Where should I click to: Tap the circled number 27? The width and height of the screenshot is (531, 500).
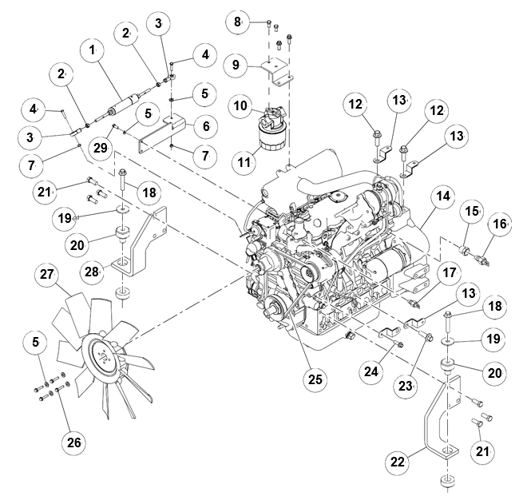click(x=47, y=276)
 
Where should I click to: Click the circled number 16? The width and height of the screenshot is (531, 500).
click(x=500, y=224)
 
